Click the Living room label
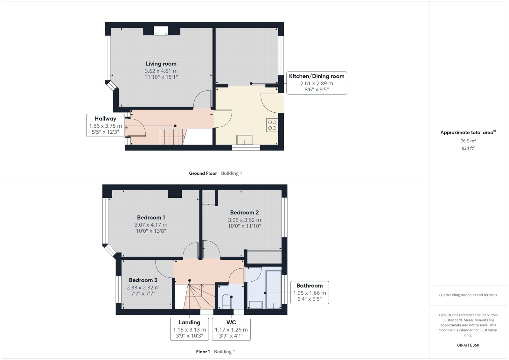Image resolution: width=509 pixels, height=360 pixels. pos(161,64)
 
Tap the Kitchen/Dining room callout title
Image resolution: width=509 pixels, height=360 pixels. pos(317,76)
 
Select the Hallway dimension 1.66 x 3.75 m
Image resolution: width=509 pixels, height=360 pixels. pos(105,126)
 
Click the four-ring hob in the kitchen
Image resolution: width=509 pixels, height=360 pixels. pos(272,125)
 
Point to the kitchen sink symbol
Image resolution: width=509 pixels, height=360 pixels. pos(245,140)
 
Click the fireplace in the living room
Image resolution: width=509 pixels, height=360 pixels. pos(161,31)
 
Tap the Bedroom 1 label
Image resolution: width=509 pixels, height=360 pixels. pos(151,218)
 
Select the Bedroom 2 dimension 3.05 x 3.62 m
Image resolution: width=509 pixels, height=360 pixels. pos(245,220)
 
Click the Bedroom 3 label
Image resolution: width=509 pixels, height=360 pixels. pos(143,280)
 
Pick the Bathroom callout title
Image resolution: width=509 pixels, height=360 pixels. pos(310,286)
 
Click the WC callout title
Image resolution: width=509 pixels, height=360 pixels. pos(231,322)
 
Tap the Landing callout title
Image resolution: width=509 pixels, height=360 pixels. pos(190,322)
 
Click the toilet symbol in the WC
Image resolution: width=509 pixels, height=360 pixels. pos(226,301)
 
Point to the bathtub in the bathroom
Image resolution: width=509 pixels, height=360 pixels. pos(274,290)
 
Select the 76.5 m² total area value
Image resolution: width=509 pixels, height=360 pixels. pos(468,141)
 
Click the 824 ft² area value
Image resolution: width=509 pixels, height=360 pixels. pos(468,148)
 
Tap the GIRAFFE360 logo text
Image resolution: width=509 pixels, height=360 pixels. pos(468,345)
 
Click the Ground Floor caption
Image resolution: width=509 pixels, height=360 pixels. pos(203,173)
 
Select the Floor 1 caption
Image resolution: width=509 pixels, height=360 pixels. pos(203,352)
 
